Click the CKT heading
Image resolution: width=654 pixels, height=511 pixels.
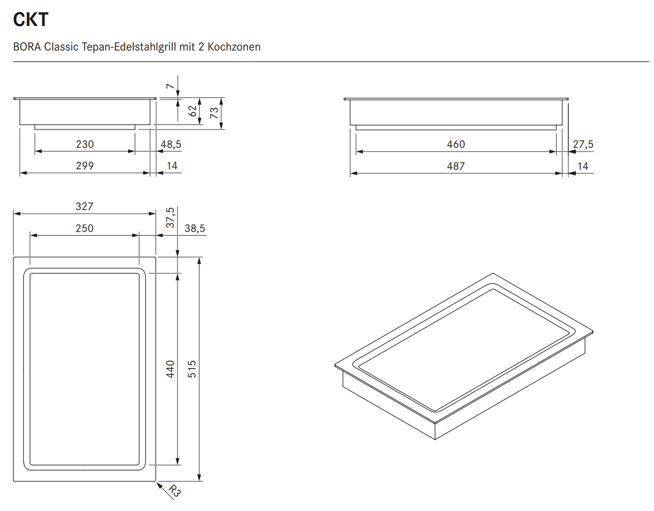(x=31, y=19)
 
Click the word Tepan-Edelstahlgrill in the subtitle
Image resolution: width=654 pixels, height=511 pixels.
(x=129, y=47)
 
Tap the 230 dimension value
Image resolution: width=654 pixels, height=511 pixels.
(x=85, y=144)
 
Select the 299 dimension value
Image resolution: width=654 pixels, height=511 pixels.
(x=85, y=166)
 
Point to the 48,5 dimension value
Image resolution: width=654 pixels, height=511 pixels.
(x=171, y=144)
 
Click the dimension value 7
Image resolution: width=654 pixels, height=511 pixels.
(x=170, y=86)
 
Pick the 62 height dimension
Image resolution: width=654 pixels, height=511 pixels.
(x=192, y=111)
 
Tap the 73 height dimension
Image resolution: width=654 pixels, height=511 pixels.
(x=214, y=112)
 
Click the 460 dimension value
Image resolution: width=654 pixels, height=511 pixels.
(x=456, y=144)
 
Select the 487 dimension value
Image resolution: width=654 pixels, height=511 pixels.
(x=456, y=166)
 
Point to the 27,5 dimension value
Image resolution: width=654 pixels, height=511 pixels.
(x=583, y=144)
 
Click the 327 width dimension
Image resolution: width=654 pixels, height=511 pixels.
(x=84, y=207)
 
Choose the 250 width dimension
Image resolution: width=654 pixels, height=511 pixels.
(x=84, y=228)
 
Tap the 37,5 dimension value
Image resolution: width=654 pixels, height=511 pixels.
(x=170, y=217)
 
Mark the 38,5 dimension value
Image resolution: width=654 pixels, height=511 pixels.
(x=194, y=228)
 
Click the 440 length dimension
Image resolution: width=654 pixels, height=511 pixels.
(x=170, y=369)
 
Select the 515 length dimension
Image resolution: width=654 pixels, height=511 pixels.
(x=192, y=369)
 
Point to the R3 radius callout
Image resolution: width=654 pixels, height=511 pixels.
(x=174, y=491)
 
